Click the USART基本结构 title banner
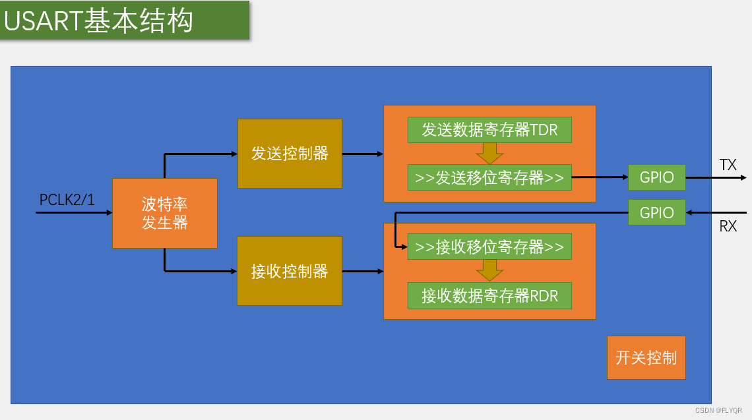click(125, 20)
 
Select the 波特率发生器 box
click(165, 213)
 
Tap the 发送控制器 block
click(290, 154)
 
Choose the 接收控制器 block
click(290, 271)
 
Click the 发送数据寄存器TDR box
click(489, 130)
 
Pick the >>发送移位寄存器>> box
click(489, 177)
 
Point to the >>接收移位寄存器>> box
click(489, 247)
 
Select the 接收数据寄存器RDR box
click(489, 296)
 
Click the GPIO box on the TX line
click(656, 177)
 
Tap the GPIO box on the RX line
click(656, 212)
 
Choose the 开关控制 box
click(646, 357)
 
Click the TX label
click(728, 165)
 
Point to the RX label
click(728, 227)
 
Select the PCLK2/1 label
click(67, 200)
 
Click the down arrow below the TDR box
click(489, 154)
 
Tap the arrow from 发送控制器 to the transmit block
click(362, 154)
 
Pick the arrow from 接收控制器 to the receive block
click(362, 271)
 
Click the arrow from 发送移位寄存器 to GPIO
click(600, 177)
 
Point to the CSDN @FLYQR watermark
click(718, 410)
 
